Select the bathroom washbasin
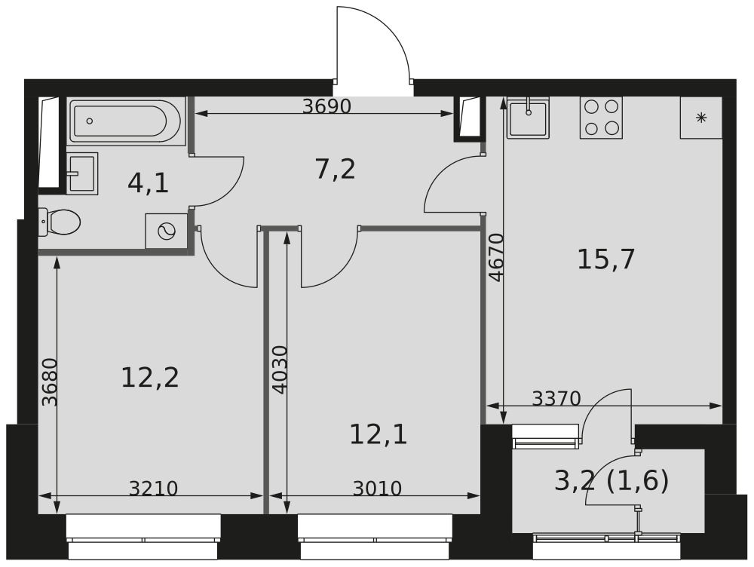pos(82,173)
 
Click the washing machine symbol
pos(167,231)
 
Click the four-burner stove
pos(601,118)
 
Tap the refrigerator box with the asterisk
pos(701,118)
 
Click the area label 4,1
pos(148,183)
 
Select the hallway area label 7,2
pos(336,170)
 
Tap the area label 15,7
pos(606,259)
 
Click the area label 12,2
pos(150,377)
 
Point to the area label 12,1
pos(379,434)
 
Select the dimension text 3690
pos(326,106)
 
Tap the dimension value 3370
pos(557,398)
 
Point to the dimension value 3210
pos(153,489)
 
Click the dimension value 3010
pos(377,489)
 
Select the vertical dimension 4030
pos(280,369)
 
